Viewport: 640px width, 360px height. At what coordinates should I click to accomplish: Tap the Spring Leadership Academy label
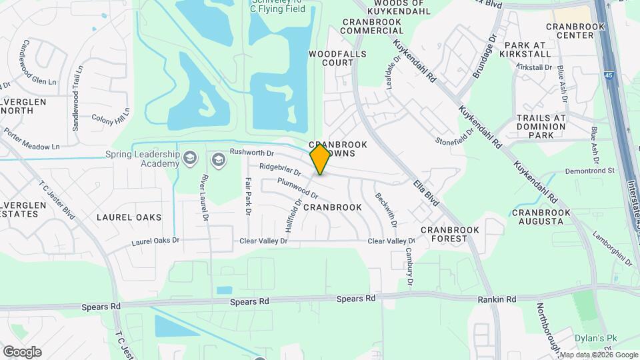click(143, 159)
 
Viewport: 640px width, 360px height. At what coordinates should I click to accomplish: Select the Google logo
click(22, 351)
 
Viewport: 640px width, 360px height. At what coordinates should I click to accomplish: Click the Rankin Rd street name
click(497, 300)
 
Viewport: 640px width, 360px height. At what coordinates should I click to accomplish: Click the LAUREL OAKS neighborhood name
click(129, 217)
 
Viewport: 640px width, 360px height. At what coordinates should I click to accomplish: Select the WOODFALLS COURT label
click(331, 57)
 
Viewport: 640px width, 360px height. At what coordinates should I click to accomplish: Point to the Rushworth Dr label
click(251, 152)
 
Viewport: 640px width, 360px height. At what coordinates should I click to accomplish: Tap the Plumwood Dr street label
click(297, 189)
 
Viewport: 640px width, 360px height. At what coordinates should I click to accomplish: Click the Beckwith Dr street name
click(382, 207)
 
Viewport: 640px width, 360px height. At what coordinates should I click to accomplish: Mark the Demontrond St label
click(590, 171)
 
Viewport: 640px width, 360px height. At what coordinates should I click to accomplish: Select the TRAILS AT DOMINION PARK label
click(541, 126)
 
